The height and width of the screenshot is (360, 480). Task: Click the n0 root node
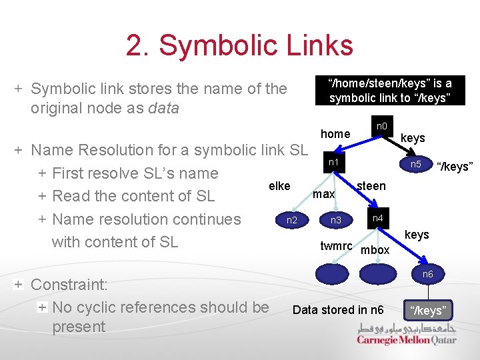(x=381, y=126)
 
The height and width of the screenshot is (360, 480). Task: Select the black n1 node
(x=334, y=163)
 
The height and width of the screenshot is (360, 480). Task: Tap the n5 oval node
(x=415, y=164)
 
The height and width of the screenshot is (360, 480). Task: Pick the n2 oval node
(x=292, y=219)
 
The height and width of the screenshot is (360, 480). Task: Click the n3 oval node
(x=336, y=219)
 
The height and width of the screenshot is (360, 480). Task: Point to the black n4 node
(x=377, y=219)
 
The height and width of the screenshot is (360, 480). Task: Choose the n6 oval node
(x=427, y=274)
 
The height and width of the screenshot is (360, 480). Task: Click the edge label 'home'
(x=335, y=134)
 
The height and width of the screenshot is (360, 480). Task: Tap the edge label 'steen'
(x=371, y=186)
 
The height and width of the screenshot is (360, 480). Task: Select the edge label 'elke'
(x=279, y=186)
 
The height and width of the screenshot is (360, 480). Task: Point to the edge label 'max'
(x=324, y=194)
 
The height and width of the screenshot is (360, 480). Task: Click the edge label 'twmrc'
(x=336, y=246)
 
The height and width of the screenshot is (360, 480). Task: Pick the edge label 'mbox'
(x=375, y=250)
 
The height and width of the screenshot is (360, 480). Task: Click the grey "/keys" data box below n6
(x=428, y=310)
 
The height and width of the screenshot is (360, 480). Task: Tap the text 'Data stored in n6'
(x=338, y=309)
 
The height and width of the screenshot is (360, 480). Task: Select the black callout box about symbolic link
(x=390, y=91)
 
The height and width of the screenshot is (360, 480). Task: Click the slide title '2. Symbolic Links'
(x=239, y=45)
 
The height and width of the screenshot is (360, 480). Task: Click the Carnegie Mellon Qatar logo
(x=407, y=334)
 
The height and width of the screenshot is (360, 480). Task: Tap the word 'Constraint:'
(x=69, y=285)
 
